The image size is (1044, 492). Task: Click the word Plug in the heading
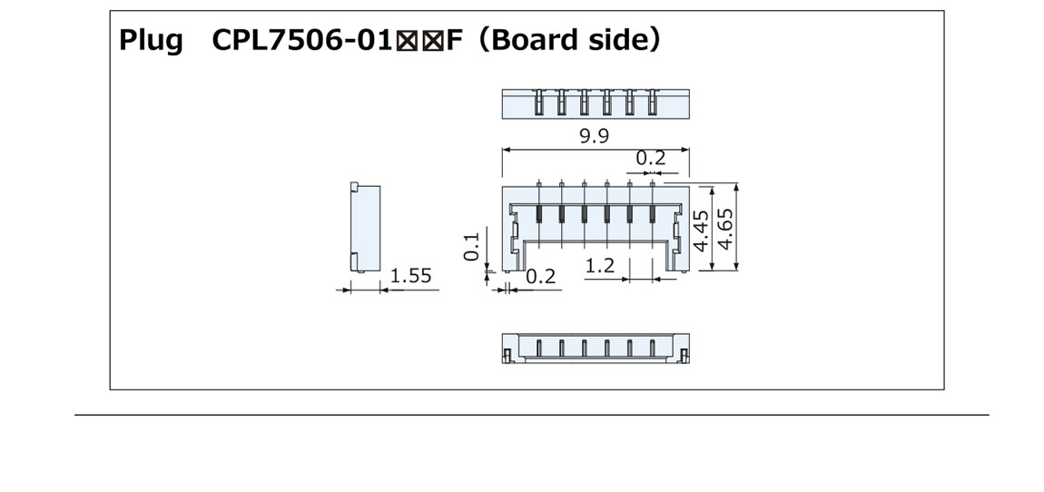pyautogui.click(x=151, y=41)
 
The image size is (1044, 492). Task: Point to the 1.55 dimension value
pyautogui.click(x=410, y=276)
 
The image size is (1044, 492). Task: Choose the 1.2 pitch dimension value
pyautogui.click(x=600, y=267)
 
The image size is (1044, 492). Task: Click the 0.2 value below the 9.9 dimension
pyautogui.click(x=650, y=158)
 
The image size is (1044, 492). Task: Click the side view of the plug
pyautogui.click(x=363, y=227)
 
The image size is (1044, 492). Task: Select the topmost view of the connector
pyautogui.click(x=596, y=103)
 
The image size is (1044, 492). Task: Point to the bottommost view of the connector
pyautogui.click(x=596, y=348)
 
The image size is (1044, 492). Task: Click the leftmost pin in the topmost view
pyautogui.click(x=538, y=102)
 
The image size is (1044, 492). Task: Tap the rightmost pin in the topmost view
pyautogui.click(x=652, y=102)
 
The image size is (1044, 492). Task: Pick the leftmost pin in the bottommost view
pyautogui.click(x=539, y=349)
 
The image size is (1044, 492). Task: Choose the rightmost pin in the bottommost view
pyautogui.click(x=652, y=349)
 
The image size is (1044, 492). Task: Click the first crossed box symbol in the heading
pyautogui.click(x=412, y=42)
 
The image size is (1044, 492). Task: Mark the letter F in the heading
pyautogui.click(x=452, y=41)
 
